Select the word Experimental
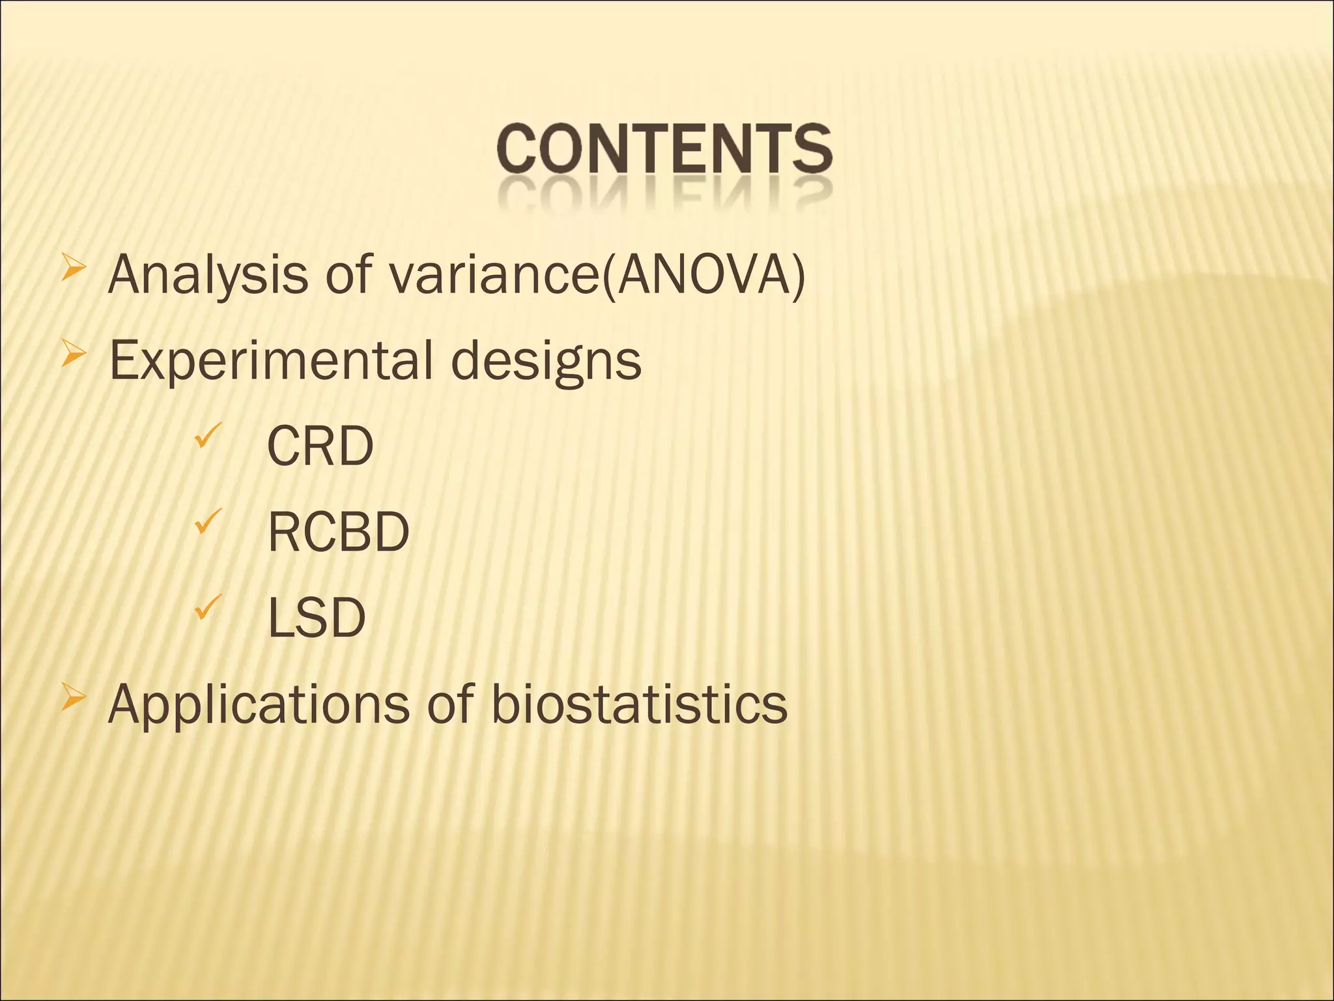[271, 360]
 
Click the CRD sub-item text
[320, 446]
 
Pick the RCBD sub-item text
[339, 532]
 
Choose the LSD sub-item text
[317, 617]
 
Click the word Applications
[259, 706]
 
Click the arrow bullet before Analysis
[73, 268]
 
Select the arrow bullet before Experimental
[73, 354]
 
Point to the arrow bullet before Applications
[73, 699]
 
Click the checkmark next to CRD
[208, 436]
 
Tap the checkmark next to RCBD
[208, 521]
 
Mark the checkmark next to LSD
[208, 607]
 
